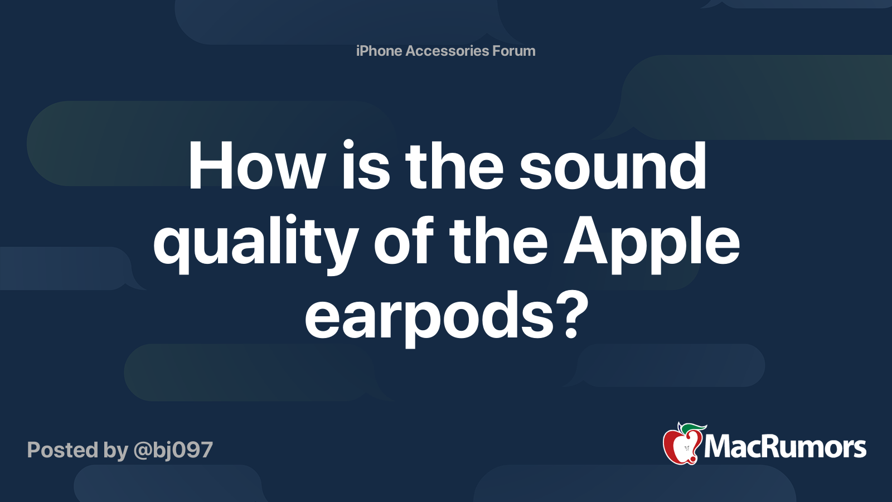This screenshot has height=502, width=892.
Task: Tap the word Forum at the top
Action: [x=514, y=51]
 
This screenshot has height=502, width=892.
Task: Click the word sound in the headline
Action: [x=613, y=165]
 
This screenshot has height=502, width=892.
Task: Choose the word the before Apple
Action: [x=498, y=239]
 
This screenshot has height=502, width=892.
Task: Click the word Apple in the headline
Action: [x=652, y=243]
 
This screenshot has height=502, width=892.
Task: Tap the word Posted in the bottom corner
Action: [x=63, y=450]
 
